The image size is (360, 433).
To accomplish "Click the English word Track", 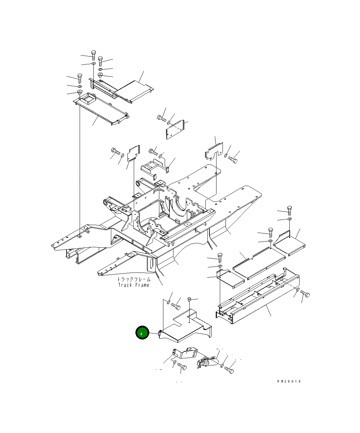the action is click(x=125, y=285).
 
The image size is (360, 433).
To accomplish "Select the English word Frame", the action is click(x=143, y=285).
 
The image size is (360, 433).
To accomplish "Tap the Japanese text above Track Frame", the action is click(x=134, y=279).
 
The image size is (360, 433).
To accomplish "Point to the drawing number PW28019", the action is click(x=289, y=382).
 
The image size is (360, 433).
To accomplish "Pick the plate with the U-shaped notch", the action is click(x=214, y=151).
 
